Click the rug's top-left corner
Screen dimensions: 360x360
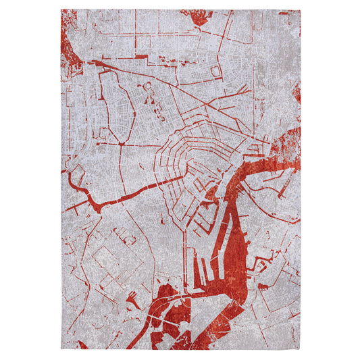pos(61,10)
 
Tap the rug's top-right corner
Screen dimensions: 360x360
pos(299,10)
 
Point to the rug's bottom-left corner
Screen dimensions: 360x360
pos(61,350)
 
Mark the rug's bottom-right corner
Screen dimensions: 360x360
pos(299,350)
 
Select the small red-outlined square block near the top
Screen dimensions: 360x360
pos(216,72)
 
